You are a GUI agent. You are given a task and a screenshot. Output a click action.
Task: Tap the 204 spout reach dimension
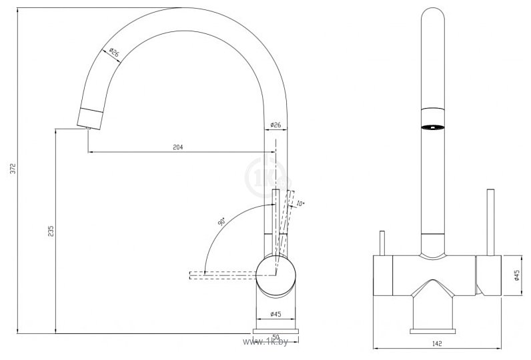point(177,147)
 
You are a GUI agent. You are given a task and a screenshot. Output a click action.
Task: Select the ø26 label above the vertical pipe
point(276,125)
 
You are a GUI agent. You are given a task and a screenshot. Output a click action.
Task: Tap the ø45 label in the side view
point(275,314)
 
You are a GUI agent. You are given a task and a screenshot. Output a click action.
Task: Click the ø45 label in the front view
point(517,276)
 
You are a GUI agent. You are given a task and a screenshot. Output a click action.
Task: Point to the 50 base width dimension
point(276,338)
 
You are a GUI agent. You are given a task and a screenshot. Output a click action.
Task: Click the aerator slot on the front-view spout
point(433,127)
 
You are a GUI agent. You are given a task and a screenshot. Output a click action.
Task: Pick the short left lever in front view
point(383,243)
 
